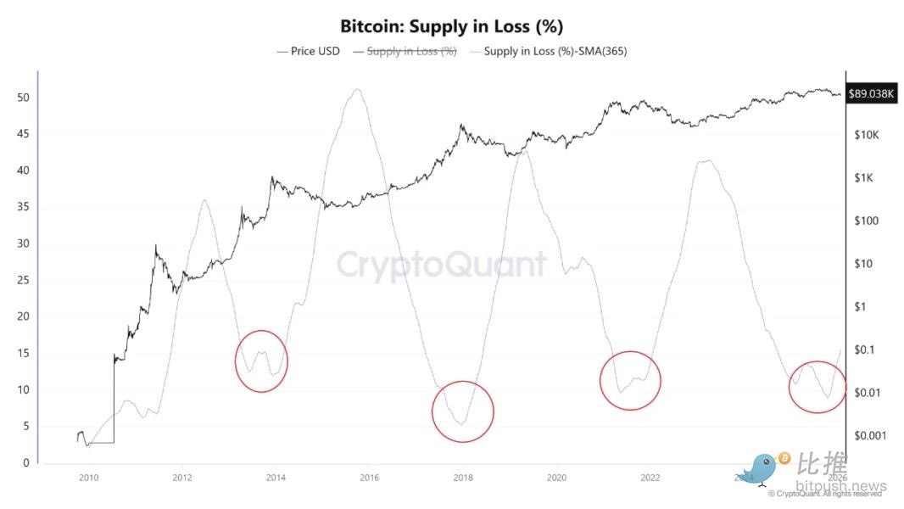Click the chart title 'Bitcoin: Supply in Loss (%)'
[x=451, y=26]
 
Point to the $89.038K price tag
[x=870, y=93]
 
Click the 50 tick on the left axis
[x=24, y=98]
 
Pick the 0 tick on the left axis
[x=26, y=463]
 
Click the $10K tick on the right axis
[x=868, y=135]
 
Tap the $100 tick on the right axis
[x=868, y=221]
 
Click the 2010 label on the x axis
[x=87, y=478]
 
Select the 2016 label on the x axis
[x=369, y=478]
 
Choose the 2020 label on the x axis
[x=556, y=478]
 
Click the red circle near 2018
[x=462, y=411]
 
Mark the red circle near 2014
[x=261, y=361]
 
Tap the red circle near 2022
[x=630, y=380]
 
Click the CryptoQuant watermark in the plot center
[x=442, y=265]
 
